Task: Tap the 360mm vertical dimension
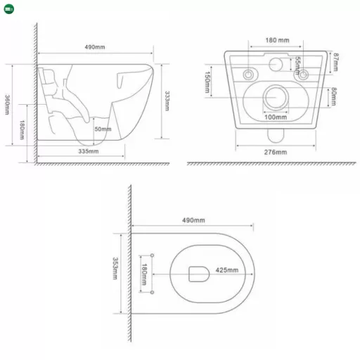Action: [x=8, y=105]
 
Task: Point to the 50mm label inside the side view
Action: [x=103, y=129]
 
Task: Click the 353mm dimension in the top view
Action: [x=115, y=269]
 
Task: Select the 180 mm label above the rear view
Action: [x=278, y=40]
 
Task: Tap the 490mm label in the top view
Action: [x=193, y=221]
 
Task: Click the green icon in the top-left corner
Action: [x=8, y=8]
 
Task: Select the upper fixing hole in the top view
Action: [x=153, y=254]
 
